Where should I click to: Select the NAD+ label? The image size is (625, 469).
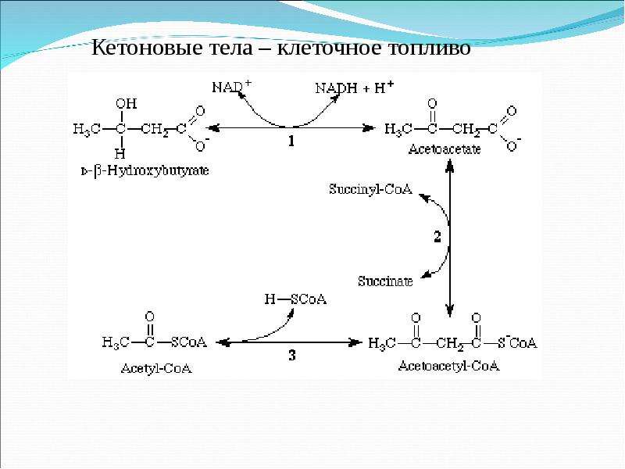231,87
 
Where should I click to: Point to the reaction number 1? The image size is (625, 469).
291,141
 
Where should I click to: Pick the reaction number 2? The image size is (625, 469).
437,237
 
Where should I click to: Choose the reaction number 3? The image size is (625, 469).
292,355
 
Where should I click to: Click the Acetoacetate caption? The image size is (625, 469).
445,149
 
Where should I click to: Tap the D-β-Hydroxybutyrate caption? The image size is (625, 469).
145,171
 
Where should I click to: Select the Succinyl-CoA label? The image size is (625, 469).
370,188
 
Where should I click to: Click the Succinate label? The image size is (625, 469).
385,281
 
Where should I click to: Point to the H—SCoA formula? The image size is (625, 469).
295,299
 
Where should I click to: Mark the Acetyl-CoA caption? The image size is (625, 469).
156,368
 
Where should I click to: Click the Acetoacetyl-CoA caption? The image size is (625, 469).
448,366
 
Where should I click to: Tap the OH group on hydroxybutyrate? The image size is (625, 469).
126,104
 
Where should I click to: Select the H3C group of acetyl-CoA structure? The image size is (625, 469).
116,342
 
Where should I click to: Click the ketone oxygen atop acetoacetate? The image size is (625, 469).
432,104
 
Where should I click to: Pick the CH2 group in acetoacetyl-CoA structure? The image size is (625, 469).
450,344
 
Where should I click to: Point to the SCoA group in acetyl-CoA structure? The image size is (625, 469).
189,342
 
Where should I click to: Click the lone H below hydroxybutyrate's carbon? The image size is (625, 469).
120,153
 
